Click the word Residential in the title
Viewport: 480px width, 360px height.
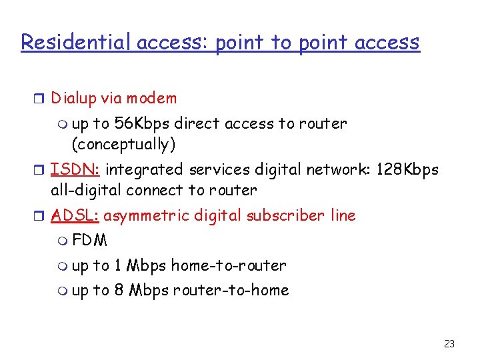[77, 42]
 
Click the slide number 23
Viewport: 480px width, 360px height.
[449, 344]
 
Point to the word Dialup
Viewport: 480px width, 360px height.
[73, 99]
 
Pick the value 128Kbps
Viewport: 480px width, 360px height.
[407, 169]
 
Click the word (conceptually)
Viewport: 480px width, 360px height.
[123, 144]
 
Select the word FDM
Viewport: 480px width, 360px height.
[89, 240]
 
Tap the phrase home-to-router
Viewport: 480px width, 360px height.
[229, 265]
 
